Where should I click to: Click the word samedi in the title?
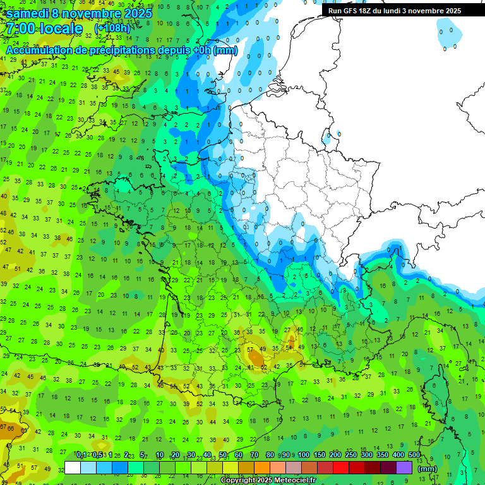(27, 13)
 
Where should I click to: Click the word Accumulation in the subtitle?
(37, 50)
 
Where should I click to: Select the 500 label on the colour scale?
(414, 455)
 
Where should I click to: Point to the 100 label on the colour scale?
(304, 455)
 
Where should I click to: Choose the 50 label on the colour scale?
(223, 455)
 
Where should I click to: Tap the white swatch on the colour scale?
(73, 467)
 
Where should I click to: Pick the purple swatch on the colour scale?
(404, 467)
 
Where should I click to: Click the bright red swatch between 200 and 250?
(341, 467)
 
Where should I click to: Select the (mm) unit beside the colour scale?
(428, 469)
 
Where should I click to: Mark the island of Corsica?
(435, 398)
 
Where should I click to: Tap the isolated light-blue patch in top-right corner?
(448, 35)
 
